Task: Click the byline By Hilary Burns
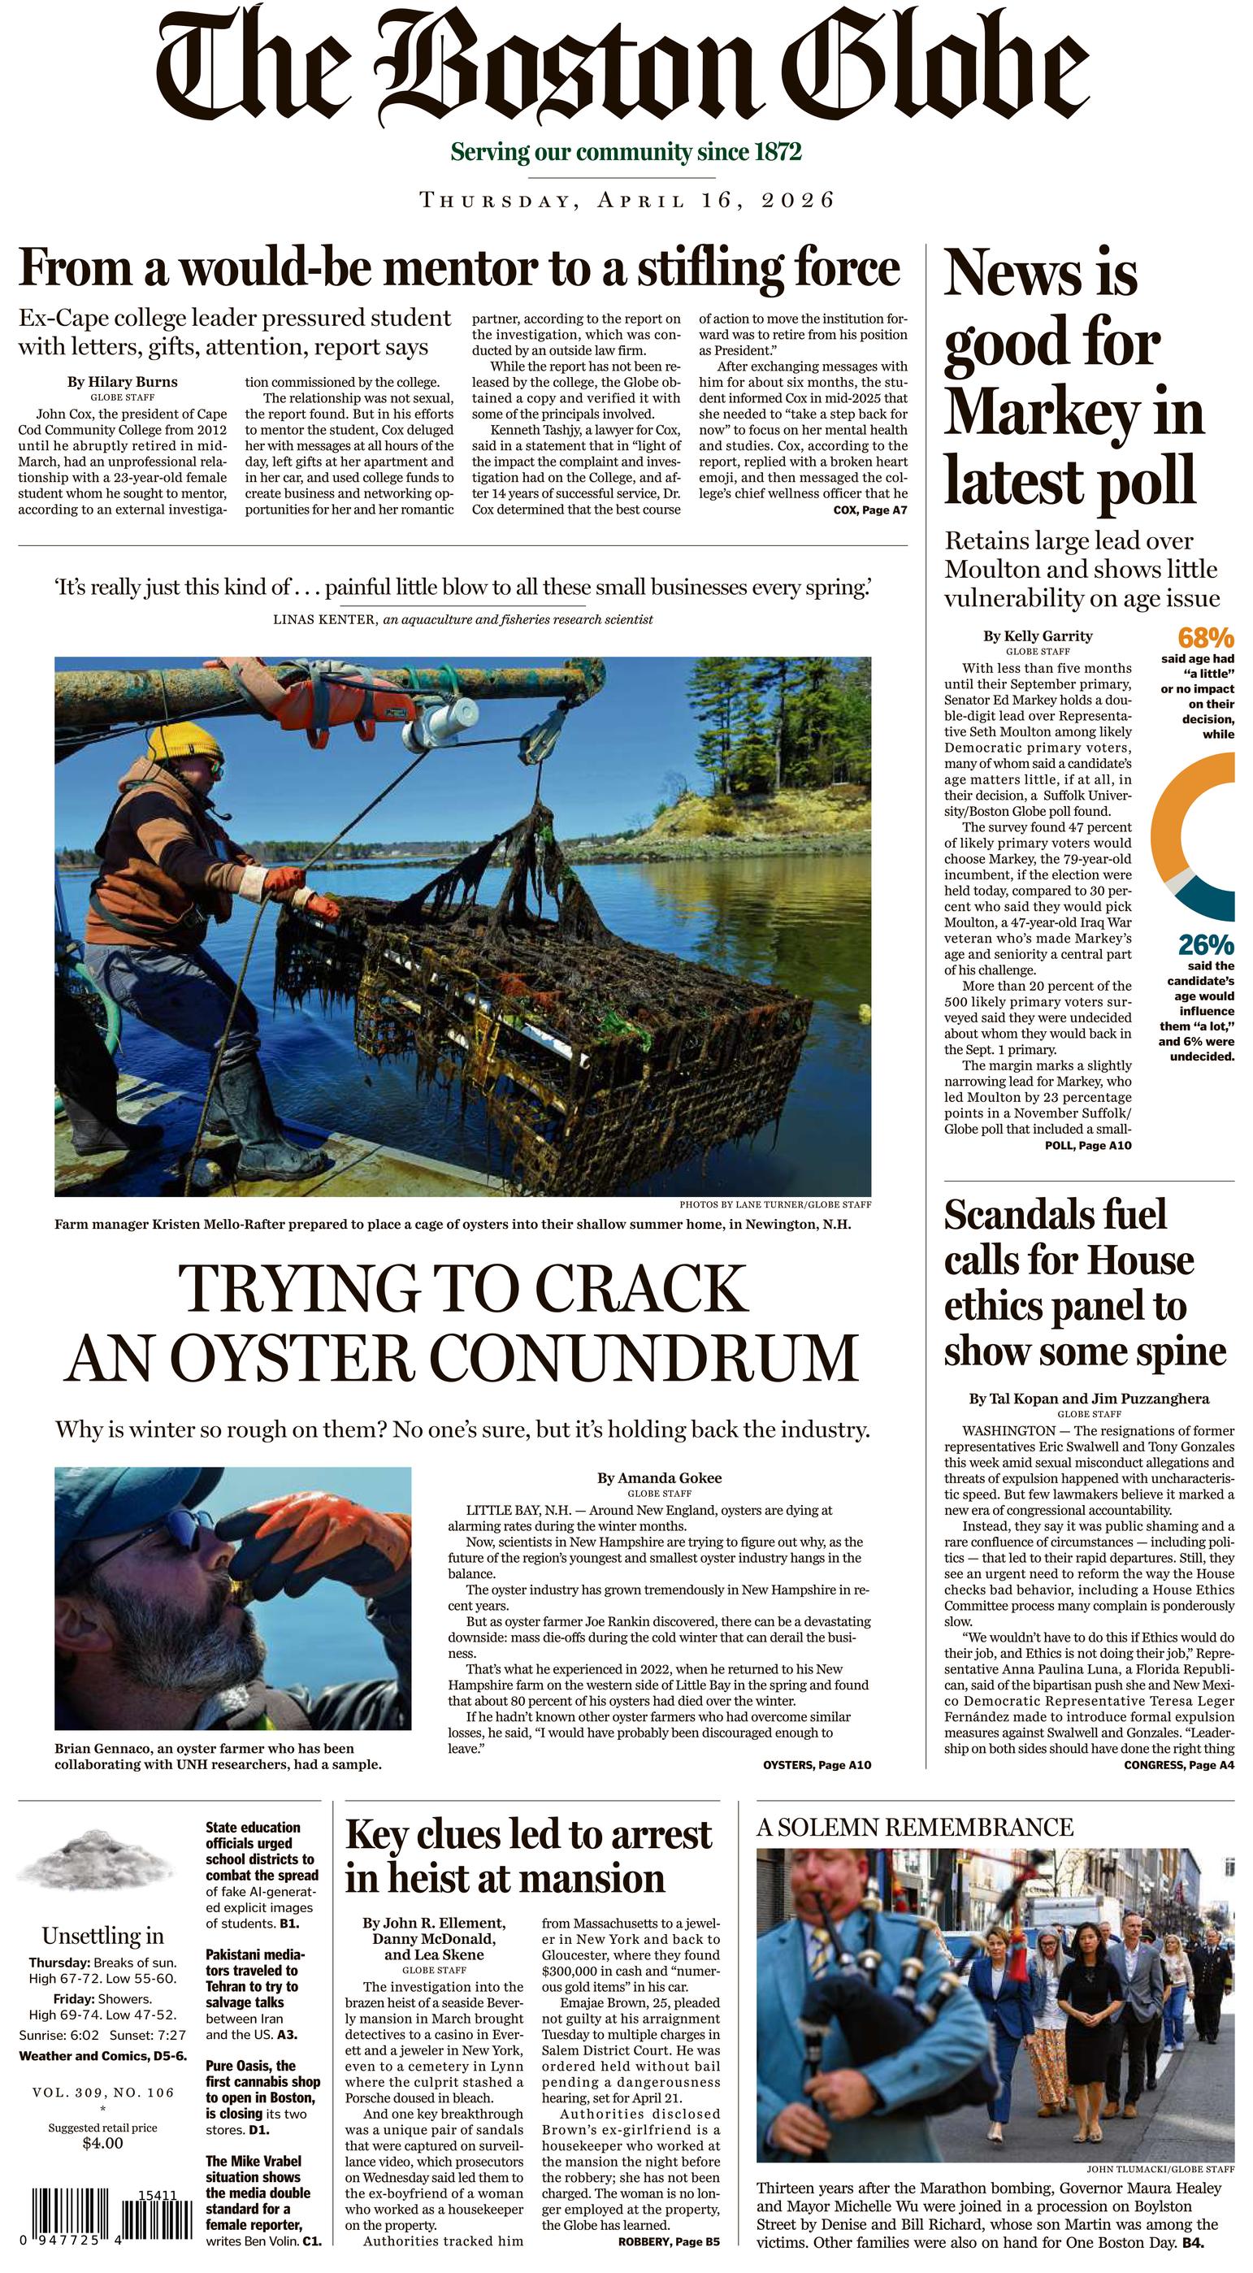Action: pyautogui.click(x=123, y=382)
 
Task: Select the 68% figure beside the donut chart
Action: pyautogui.click(x=1205, y=637)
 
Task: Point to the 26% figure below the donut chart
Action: pyautogui.click(x=1206, y=945)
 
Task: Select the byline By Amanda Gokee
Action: pyautogui.click(x=659, y=1478)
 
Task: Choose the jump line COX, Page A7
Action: pyautogui.click(x=870, y=510)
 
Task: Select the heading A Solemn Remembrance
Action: pyautogui.click(x=914, y=1827)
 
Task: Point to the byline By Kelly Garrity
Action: pyautogui.click(x=1038, y=635)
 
